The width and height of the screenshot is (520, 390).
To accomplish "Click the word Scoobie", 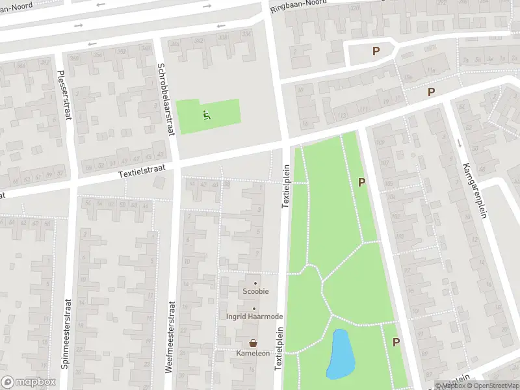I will (256, 292).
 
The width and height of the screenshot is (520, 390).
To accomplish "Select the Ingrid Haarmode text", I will (254, 317).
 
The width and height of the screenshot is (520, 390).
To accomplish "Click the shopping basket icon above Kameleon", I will (253, 342).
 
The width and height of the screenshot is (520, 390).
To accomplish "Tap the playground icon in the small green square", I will (207, 116).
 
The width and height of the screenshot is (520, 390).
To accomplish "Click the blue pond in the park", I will (340, 354).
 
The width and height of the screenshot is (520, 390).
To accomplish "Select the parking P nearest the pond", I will (395, 342).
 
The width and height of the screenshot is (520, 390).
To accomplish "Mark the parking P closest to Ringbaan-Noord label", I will (375, 51).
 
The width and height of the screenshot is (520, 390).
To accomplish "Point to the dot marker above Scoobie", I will (255, 283).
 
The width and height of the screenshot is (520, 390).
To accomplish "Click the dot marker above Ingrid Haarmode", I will (254, 308).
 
